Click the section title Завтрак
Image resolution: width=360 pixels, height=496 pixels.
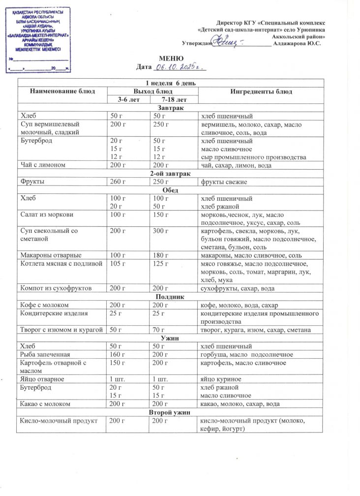(x=169, y=108)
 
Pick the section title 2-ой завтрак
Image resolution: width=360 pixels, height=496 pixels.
(x=169, y=174)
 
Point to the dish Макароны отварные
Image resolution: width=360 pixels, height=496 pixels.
(x=51, y=255)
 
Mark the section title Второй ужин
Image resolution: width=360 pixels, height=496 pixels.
(x=169, y=412)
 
